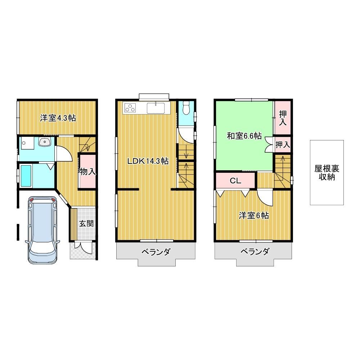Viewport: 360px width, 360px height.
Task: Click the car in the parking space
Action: tap(42, 230)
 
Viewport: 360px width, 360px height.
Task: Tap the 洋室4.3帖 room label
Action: tap(58, 118)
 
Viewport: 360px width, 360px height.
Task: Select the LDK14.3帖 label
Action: tap(148, 161)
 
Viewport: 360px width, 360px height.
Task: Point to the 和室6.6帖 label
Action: tap(244, 136)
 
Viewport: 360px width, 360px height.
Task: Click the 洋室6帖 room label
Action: tap(254, 216)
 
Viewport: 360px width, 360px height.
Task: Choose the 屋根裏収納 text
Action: tap(327, 173)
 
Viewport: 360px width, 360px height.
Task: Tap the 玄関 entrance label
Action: tap(86, 224)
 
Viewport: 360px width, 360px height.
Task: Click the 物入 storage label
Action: tap(87, 171)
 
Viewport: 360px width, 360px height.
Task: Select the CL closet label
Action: tap(235, 181)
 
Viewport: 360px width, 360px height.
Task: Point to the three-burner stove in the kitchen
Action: tap(130, 108)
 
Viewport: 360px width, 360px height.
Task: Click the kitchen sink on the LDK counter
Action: tap(156, 108)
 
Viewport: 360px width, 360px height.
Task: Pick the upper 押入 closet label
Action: tap(283, 118)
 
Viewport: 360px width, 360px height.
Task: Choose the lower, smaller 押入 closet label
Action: tap(283, 145)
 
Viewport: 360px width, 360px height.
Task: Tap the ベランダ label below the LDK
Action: tap(156, 252)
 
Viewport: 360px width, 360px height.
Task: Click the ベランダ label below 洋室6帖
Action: tap(255, 252)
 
